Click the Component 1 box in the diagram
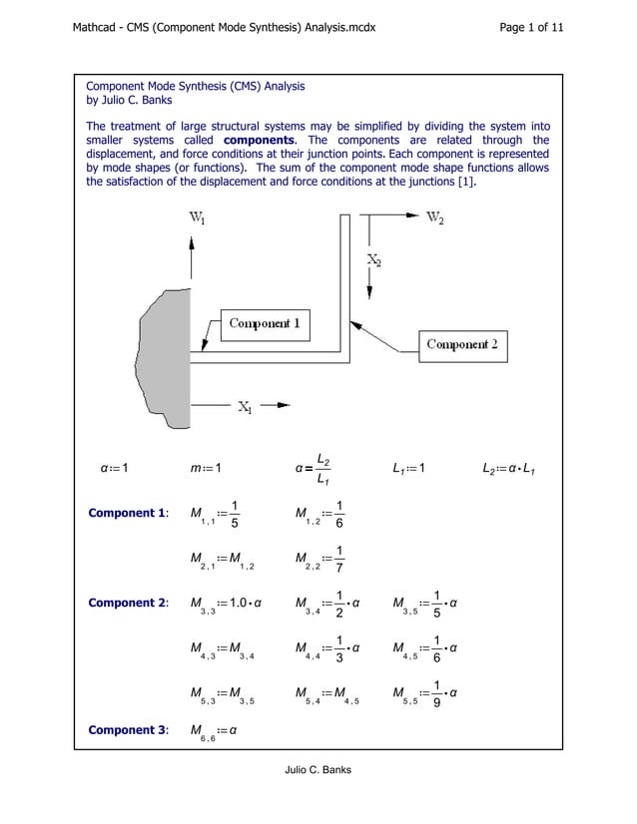[265, 323]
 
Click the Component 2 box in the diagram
[462, 345]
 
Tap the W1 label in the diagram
[199, 219]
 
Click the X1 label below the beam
[245, 406]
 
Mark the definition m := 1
[203, 469]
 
